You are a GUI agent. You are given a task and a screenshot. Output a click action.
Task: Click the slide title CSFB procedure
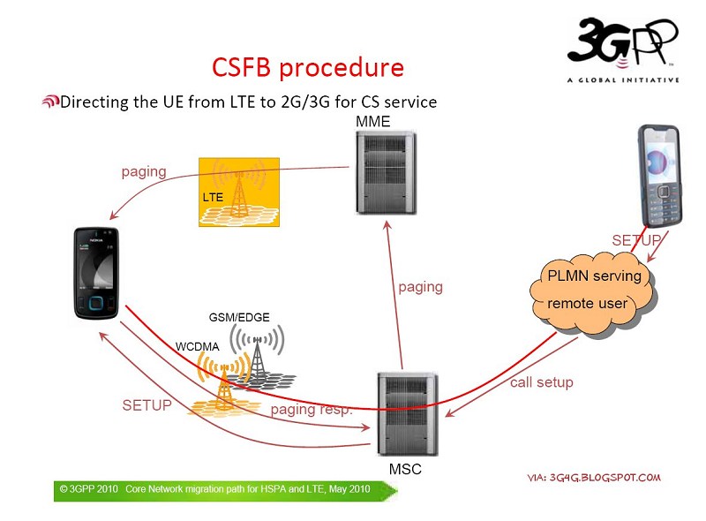coord(308,68)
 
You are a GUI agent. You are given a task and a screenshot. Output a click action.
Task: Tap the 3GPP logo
coord(623,49)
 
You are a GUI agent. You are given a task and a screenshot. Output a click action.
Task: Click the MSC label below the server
coord(405,469)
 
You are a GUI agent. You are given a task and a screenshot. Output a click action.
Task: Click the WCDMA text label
coord(196,347)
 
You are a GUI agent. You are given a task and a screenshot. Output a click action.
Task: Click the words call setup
coord(541,382)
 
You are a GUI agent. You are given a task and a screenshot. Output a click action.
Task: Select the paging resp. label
coord(312,410)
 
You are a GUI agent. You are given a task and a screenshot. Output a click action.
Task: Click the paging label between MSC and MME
coord(420,287)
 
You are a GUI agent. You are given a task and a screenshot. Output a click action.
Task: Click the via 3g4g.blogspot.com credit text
coord(593,478)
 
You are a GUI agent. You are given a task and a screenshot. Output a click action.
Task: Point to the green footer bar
coord(212,490)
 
